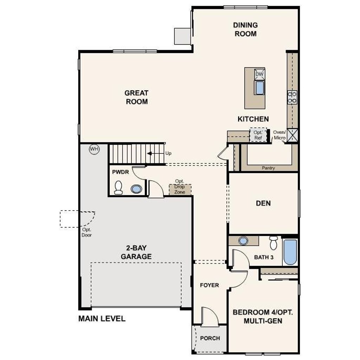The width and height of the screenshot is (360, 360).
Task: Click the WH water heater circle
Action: click(94, 149)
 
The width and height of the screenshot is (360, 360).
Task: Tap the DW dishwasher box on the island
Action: click(259, 74)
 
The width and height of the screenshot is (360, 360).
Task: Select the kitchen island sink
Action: click(259, 88)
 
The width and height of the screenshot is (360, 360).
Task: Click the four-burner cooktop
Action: click(292, 97)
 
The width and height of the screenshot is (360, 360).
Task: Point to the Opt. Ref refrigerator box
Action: click(258, 135)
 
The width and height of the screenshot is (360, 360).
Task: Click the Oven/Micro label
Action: click(279, 135)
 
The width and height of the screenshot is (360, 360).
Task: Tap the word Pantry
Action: click(268, 168)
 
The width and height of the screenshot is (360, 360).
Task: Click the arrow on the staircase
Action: click(156, 153)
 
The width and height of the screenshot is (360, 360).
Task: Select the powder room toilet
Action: click(118, 187)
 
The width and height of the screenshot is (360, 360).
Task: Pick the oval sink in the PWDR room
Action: click(136, 189)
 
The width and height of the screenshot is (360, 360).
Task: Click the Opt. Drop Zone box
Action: click(180, 189)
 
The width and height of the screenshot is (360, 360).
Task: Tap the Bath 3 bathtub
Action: click(290, 252)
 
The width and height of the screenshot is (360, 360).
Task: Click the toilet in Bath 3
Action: click(274, 243)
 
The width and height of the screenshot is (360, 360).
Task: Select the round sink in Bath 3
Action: click(243, 241)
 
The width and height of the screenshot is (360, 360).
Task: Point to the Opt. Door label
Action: click(86, 232)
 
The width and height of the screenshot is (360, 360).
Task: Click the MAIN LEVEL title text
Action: click(102, 319)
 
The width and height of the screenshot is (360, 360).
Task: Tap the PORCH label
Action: click(210, 338)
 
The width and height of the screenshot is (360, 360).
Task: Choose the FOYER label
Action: click(210, 285)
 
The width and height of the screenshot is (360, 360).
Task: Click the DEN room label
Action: click(263, 203)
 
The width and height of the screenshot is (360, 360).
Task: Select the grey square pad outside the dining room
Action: click(182, 36)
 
